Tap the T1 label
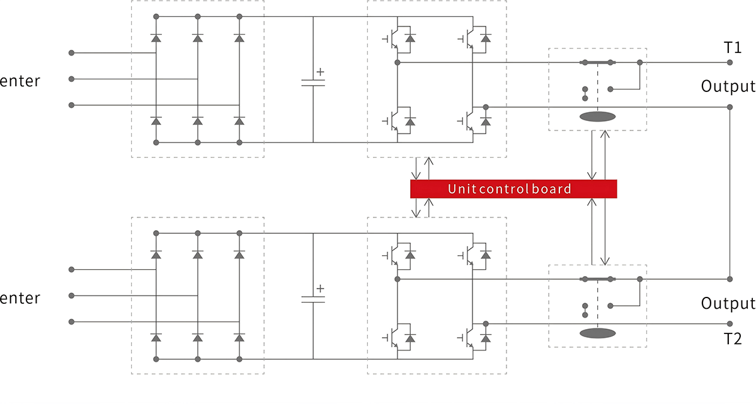pyautogui.click(x=733, y=48)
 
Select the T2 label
pyautogui.click(x=733, y=338)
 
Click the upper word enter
pyautogui.click(x=20, y=81)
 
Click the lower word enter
pyautogui.click(x=20, y=298)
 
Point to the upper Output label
pyautogui.click(x=728, y=86)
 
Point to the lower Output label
pyautogui.click(x=728, y=303)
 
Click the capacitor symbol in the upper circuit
pyautogui.click(x=313, y=83)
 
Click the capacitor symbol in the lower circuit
pyautogui.click(x=313, y=299)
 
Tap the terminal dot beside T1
pyautogui.click(x=730, y=62)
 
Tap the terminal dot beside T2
pyautogui.click(x=730, y=323)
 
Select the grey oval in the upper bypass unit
pyautogui.click(x=597, y=117)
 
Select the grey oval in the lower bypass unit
pyautogui.click(x=597, y=333)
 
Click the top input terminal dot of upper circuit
pyautogui.click(x=71, y=52)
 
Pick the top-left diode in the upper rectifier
pyautogui.click(x=156, y=38)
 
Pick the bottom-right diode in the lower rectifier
pyautogui.click(x=239, y=338)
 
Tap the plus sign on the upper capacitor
pyautogui.click(x=320, y=72)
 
